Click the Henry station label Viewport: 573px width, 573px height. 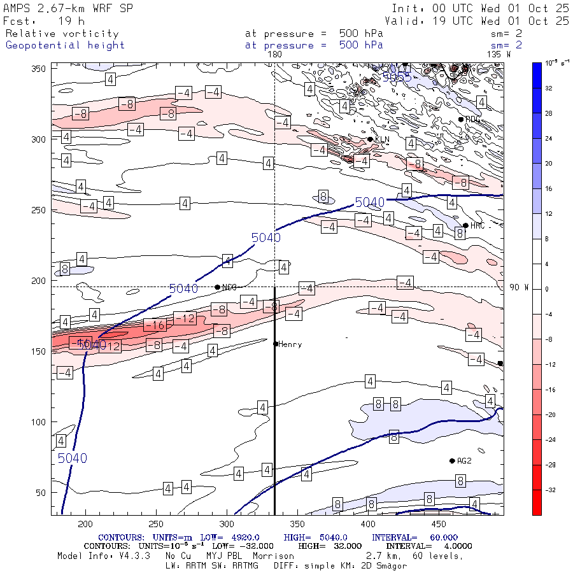coord(290,344)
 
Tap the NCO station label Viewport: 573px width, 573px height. coord(229,288)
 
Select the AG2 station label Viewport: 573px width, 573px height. coord(463,461)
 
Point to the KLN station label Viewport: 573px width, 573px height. coord(381,139)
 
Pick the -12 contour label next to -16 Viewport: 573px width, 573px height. coord(185,318)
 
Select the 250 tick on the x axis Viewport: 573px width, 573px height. coord(156,523)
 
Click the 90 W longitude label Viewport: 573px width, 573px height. coord(519,288)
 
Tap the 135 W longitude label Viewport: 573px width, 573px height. coord(499,55)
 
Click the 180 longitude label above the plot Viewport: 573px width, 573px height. coord(274,55)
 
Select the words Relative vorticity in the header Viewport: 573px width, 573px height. coord(62,34)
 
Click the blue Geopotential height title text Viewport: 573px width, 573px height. coord(65,45)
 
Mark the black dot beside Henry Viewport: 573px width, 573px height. coord(276,344)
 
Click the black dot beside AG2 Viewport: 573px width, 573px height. coord(452,461)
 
